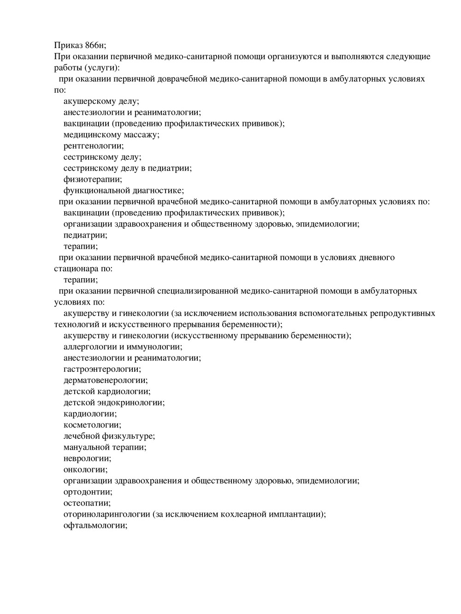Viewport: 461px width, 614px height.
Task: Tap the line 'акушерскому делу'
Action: pyautogui.click(x=101, y=101)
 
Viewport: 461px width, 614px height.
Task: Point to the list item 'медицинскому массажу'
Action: pyautogui.click(x=111, y=135)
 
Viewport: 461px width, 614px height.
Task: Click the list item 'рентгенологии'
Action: pyautogui.click(x=94, y=146)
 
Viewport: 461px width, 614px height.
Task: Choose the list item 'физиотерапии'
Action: pyautogui.click(x=93, y=179)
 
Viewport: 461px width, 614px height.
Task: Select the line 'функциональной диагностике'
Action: pyautogui.click(x=124, y=191)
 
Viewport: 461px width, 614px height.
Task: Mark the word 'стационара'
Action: pyautogui.click(x=74, y=268)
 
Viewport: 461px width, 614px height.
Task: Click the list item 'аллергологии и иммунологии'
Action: pyautogui.click(x=123, y=347)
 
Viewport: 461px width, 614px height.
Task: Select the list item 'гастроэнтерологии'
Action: pyautogui.click(x=102, y=369)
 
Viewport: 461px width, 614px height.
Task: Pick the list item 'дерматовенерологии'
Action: pyautogui.click(x=105, y=381)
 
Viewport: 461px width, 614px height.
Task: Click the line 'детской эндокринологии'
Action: pyautogui.click(x=114, y=403)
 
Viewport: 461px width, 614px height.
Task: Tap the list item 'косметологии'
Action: pyautogui.click(x=92, y=425)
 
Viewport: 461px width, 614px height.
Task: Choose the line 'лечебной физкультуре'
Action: pyautogui.click(x=109, y=436)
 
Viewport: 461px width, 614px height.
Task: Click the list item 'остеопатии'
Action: pyautogui.click(x=87, y=503)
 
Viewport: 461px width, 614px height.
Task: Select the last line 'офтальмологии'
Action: pyautogui.click(x=95, y=525)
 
